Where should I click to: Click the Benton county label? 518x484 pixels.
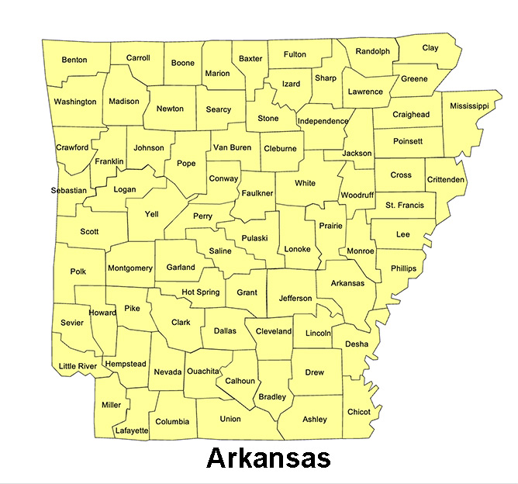[x=74, y=60]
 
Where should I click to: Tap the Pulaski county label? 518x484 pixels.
[x=254, y=238]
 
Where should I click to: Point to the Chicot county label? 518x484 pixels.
[x=359, y=411]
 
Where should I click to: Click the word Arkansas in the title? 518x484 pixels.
[x=268, y=458]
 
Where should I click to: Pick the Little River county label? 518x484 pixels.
[x=78, y=366]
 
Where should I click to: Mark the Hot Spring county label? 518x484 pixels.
[x=201, y=292]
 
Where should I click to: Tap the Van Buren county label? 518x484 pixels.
[x=232, y=147]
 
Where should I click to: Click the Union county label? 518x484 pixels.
[x=230, y=419]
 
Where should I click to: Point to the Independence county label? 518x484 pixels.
[x=323, y=121]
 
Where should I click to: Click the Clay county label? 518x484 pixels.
[x=430, y=48]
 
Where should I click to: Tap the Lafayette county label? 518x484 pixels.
[x=132, y=430]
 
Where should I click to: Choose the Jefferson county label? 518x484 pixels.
[x=295, y=298]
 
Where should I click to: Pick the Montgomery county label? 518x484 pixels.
[x=130, y=268]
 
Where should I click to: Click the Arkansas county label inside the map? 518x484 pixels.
[x=347, y=283]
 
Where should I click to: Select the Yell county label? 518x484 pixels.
[x=152, y=213]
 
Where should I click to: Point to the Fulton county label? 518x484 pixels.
[x=295, y=54]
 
